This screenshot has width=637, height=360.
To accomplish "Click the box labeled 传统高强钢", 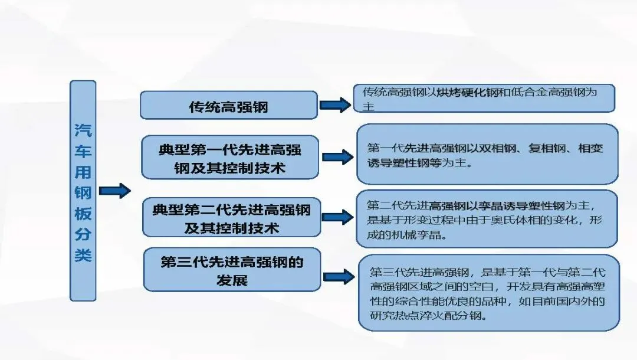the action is [x=229, y=105].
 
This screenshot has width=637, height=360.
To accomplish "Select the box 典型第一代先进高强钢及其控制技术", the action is [x=230, y=158].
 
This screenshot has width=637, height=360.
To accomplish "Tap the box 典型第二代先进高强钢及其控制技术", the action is [x=232, y=217].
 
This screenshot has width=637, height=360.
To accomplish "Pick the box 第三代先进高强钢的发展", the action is [x=232, y=270].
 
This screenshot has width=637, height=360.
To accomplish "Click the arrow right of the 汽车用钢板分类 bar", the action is [x=115, y=191].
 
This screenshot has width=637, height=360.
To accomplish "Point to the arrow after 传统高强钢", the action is [x=335, y=105].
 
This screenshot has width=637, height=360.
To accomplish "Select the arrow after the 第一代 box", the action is [x=338, y=157].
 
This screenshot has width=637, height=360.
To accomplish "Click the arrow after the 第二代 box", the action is [x=338, y=217].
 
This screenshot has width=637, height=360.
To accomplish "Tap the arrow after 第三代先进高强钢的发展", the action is [x=339, y=277].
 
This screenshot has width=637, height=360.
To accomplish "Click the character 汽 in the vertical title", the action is [x=83, y=130].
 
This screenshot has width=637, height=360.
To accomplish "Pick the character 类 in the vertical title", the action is [x=83, y=255].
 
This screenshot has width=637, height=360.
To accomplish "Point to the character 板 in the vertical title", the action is [x=83, y=214].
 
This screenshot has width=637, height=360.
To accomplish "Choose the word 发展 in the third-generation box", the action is [x=232, y=280].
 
